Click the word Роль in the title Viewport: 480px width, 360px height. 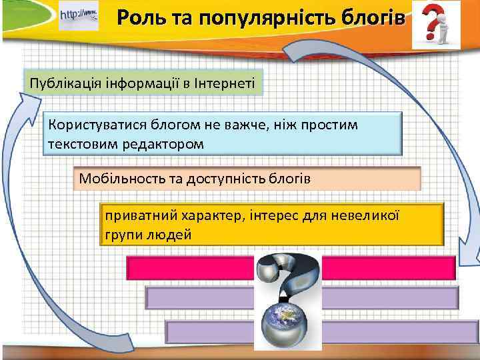[x=139, y=18]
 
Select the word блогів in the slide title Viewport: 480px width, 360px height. [x=369, y=18]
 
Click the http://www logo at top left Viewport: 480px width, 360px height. [x=79, y=15]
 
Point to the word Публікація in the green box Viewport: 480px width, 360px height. [x=60, y=83]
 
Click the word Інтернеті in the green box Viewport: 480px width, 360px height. [x=225, y=83]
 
